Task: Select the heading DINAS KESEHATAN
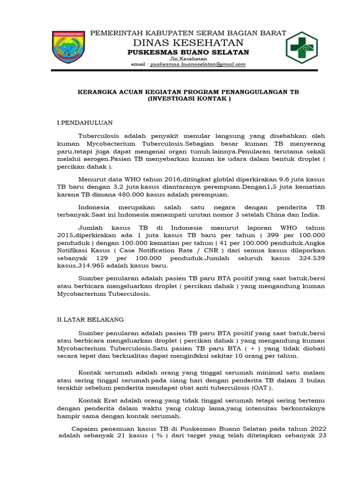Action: click(x=187, y=42)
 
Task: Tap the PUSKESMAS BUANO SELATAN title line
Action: click(x=188, y=52)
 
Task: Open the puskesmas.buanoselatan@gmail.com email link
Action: click(x=197, y=64)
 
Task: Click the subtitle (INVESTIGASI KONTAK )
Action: click(x=188, y=99)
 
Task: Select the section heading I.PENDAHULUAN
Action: click(x=85, y=123)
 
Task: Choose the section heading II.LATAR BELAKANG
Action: click(x=90, y=319)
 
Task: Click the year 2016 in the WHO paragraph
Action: click(x=149, y=180)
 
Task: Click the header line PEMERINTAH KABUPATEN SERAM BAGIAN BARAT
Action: click(x=188, y=32)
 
